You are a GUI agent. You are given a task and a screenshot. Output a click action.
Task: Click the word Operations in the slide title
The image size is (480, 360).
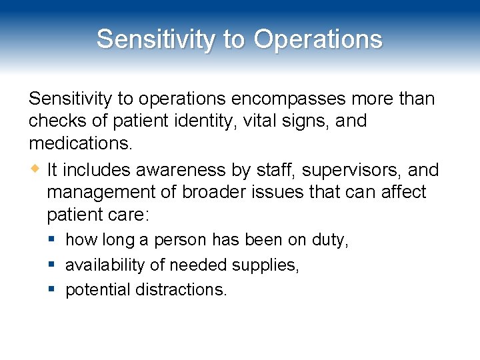[x=318, y=39]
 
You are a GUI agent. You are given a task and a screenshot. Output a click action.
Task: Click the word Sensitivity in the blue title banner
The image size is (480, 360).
[x=155, y=39]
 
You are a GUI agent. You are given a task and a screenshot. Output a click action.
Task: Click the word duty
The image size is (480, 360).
[x=330, y=240]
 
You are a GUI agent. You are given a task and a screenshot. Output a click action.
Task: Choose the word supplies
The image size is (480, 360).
[x=265, y=265]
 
